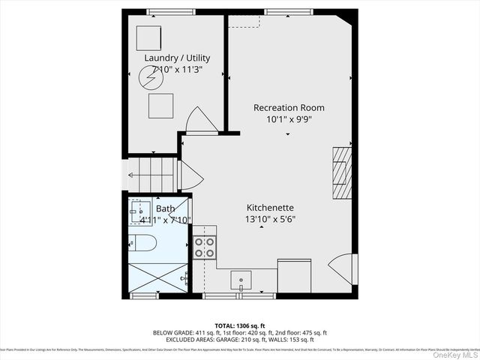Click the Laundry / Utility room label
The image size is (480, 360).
(177, 58)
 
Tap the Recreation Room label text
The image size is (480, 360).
(288, 107)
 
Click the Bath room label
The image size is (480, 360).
(165, 208)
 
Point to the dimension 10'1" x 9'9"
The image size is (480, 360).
(288, 118)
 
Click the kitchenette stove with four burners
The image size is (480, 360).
(204, 247)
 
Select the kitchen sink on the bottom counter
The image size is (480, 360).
(241, 281)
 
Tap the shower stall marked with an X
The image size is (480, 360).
(157, 277)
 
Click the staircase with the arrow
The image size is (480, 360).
(153, 176)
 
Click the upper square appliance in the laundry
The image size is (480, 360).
(148, 37)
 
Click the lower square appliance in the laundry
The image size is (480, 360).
(160, 106)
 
